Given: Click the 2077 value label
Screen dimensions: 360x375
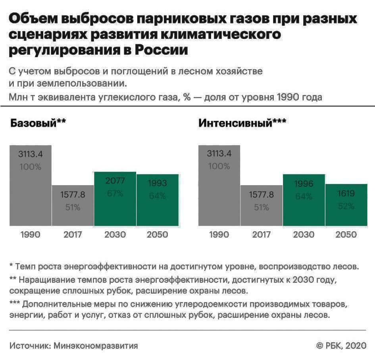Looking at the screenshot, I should pyautogui.click(x=115, y=181).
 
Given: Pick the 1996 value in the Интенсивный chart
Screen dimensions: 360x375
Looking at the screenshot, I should pyautogui.click(x=304, y=184).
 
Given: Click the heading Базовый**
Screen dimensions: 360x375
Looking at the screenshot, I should pyautogui.click(x=38, y=122).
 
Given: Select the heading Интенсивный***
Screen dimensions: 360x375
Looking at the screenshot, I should pyautogui.click(x=242, y=122).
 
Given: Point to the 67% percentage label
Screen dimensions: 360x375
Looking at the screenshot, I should pyautogui.click(x=115, y=194).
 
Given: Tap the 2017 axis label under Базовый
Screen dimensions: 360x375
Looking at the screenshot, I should pyautogui.click(x=73, y=234).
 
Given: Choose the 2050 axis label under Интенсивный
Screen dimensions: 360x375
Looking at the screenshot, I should pyautogui.click(x=346, y=234).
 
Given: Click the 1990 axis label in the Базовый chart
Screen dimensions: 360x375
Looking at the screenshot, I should pyautogui.click(x=31, y=234).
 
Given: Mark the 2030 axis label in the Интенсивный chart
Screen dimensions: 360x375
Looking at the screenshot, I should pyautogui.click(x=304, y=234).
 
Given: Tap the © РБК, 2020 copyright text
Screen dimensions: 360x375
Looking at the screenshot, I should pyautogui.click(x=341, y=346).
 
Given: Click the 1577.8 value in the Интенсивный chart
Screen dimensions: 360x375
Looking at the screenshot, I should pyautogui.click(x=262, y=195).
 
